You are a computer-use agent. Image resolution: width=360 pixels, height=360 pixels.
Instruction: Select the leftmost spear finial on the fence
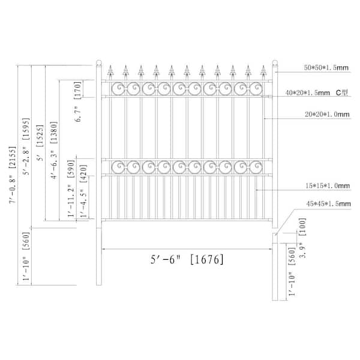coord(110,71)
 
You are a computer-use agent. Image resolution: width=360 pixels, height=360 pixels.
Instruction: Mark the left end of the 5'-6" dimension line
coord(103,249)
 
